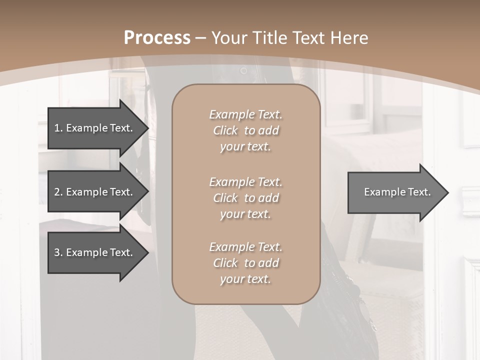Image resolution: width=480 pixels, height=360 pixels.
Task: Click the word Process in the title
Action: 157,38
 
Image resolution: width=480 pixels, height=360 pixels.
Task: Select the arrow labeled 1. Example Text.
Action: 93,128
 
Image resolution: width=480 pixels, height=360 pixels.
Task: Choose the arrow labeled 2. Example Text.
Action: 93,192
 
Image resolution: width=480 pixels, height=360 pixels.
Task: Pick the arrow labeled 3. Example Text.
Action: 93,252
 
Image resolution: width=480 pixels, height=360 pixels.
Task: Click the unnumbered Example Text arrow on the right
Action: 397,192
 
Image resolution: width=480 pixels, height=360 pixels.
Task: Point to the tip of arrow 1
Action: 148,128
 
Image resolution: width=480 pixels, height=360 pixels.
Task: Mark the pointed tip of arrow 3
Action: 148,252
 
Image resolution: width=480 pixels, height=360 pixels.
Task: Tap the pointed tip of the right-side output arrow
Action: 448,192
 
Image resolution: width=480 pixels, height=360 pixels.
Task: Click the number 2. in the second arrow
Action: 58,192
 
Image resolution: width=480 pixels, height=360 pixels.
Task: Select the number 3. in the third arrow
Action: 58,252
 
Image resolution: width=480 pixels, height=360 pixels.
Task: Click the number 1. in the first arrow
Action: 58,128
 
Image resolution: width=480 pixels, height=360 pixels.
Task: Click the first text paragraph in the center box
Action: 245,130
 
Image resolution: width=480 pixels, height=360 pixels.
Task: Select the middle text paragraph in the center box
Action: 245,198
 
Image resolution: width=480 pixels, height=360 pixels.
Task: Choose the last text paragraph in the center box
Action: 245,263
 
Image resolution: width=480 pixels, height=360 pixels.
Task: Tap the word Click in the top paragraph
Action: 225,130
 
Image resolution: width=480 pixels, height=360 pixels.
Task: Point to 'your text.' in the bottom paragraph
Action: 245,279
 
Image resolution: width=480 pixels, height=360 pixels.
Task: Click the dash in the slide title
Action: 201,38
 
